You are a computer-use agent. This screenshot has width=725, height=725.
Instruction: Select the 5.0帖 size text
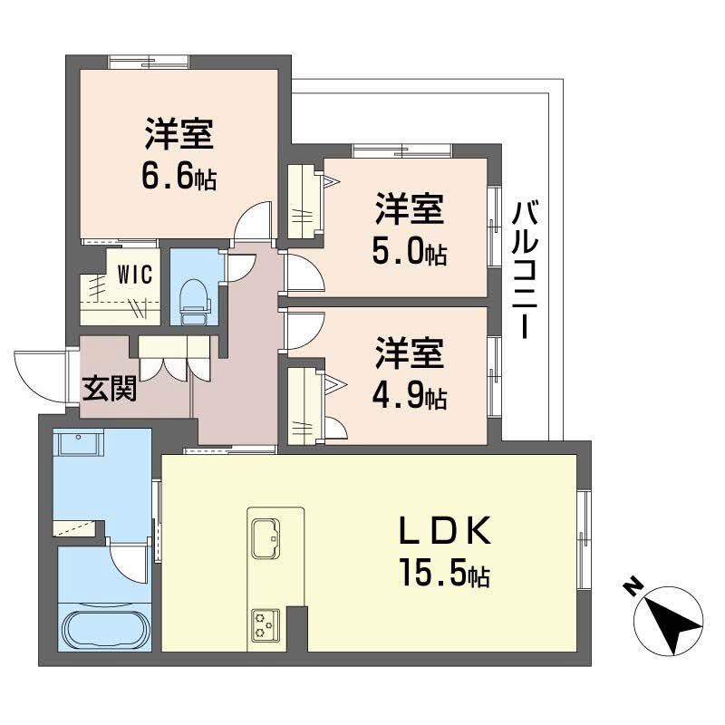coord(409,251)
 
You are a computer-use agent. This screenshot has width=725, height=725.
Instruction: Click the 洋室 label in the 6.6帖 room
coord(179,135)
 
